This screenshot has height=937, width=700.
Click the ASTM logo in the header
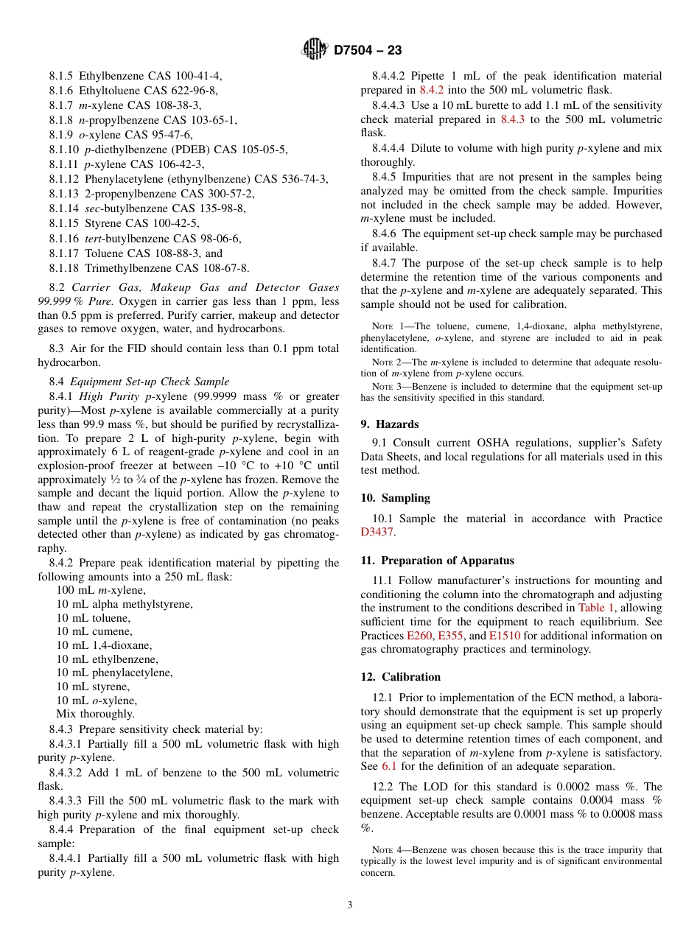[315, 50]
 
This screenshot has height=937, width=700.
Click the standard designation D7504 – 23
[367, 51]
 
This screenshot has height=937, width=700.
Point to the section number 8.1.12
[64, 179]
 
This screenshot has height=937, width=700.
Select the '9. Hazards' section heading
[389, 424]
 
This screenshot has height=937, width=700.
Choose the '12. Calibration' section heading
[400, 677]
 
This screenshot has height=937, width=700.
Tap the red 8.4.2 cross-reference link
[431, 90]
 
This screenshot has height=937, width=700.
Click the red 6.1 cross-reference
[389, 766]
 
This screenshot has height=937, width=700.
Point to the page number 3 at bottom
[350, 905]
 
